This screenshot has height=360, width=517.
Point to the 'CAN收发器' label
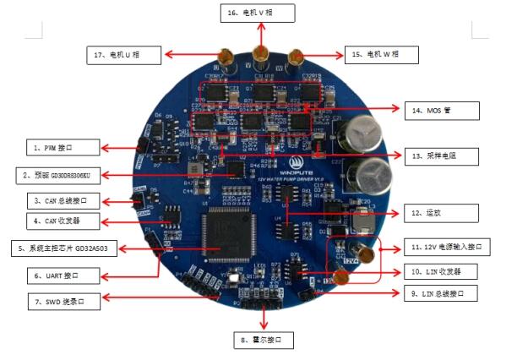point(66,221)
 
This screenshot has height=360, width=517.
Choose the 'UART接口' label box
point(66,275)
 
